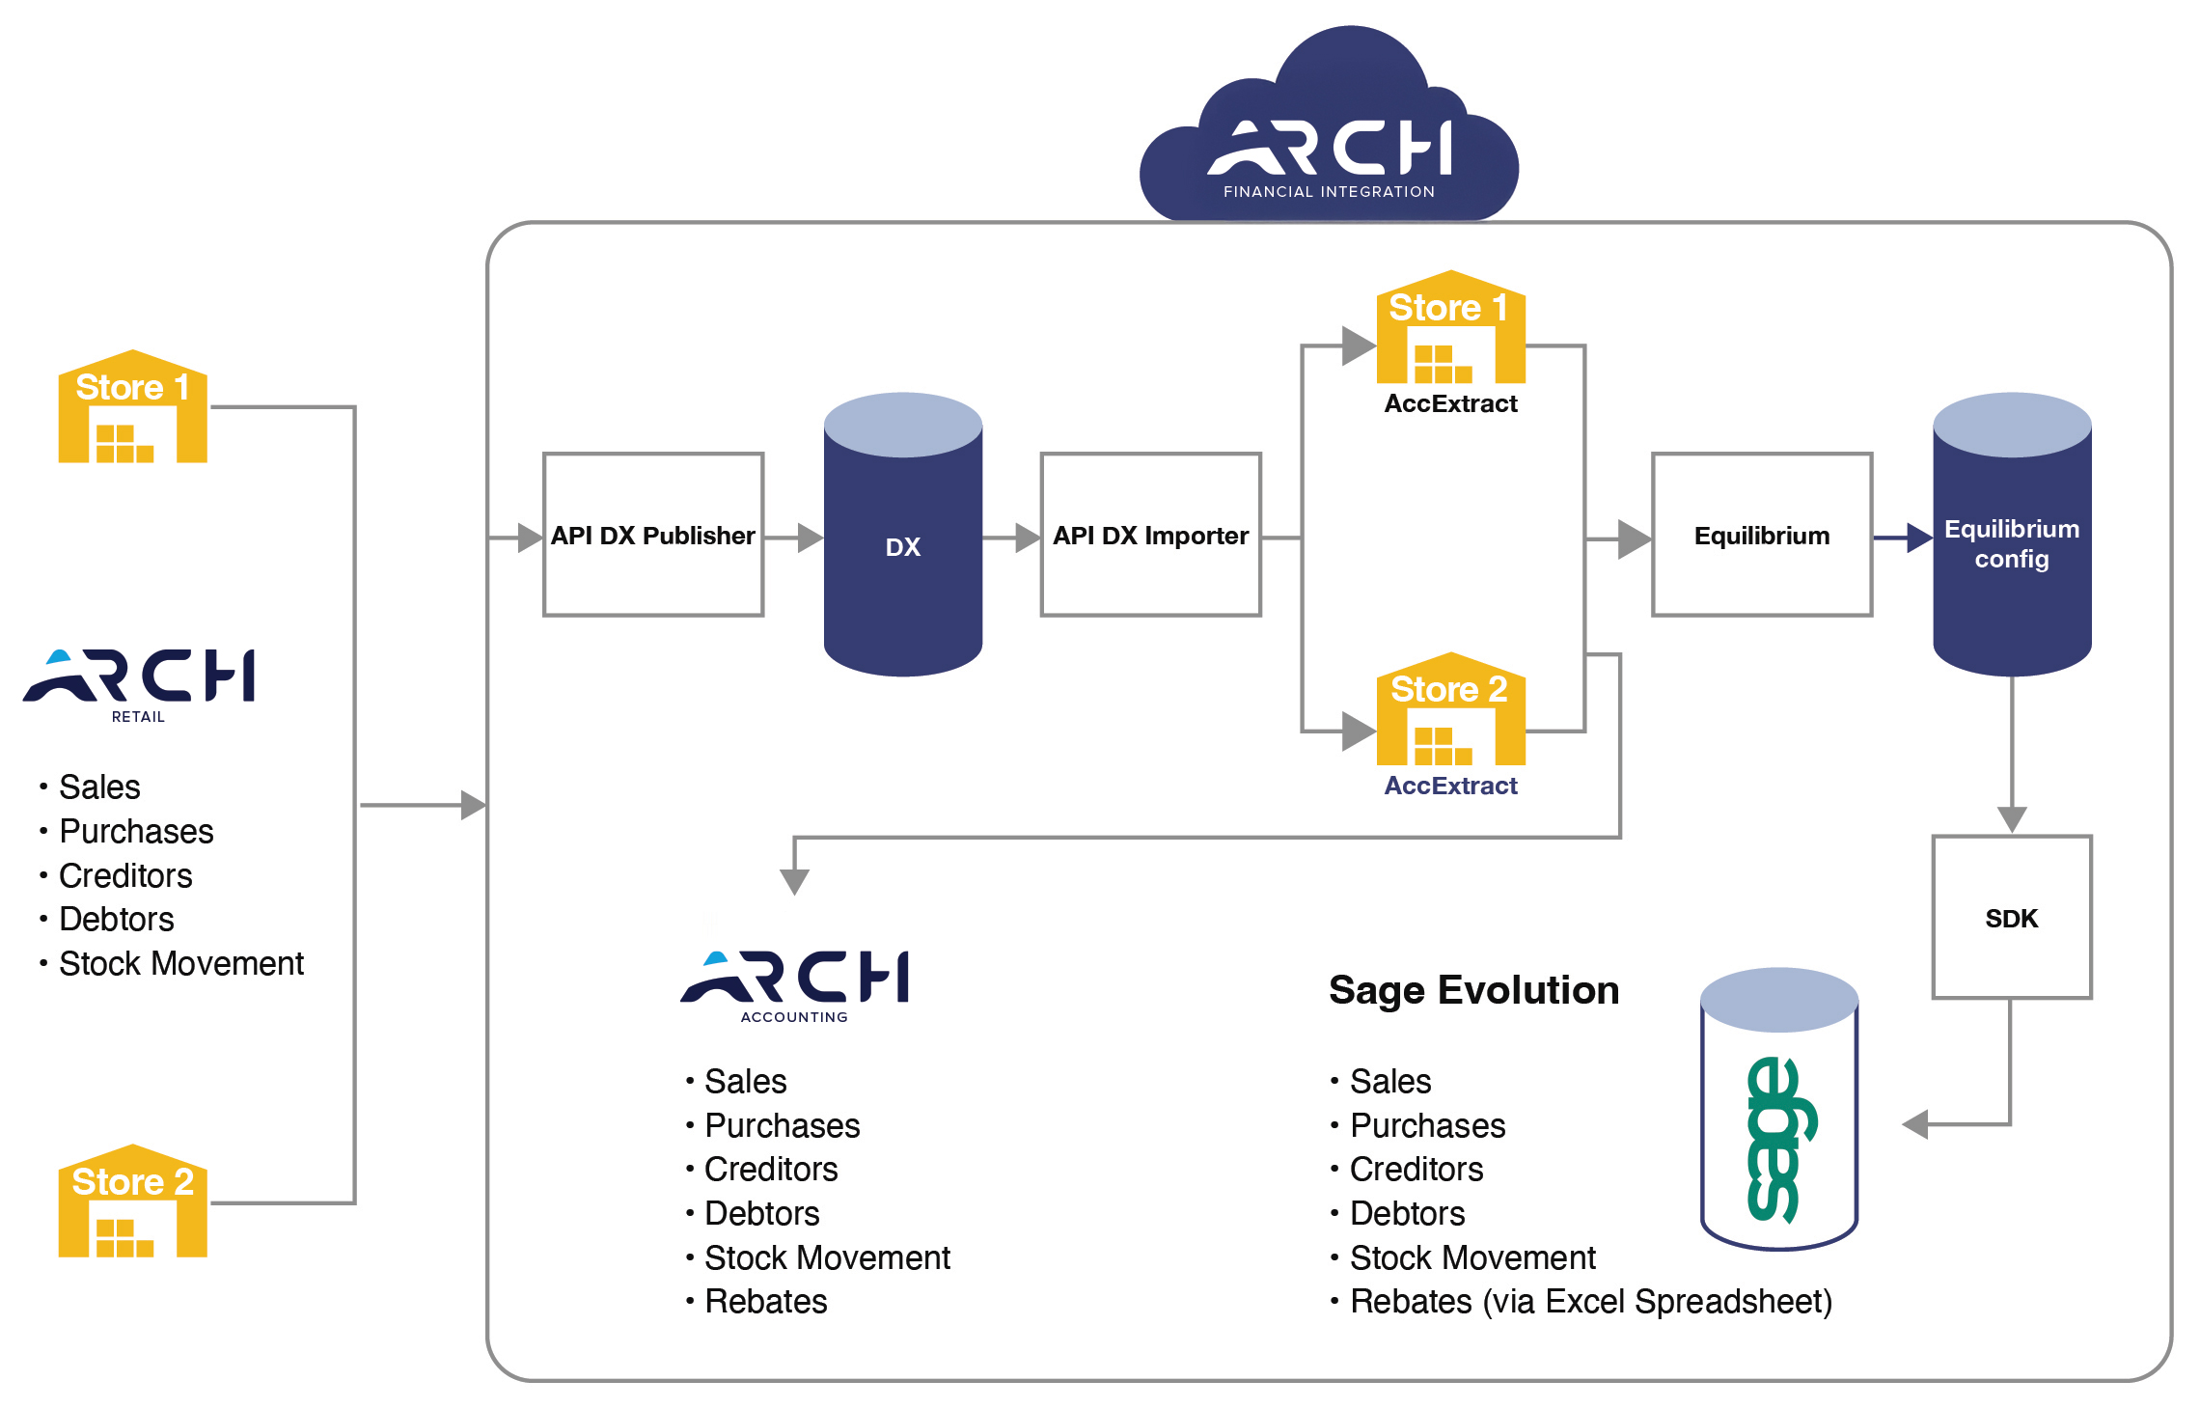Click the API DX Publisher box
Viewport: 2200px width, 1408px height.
[653, 535]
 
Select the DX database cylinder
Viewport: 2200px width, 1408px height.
[902, 546]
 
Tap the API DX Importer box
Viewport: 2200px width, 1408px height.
[1150, 535]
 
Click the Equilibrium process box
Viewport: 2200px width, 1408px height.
[1762, 535]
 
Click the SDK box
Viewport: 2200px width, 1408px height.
[2012, 918]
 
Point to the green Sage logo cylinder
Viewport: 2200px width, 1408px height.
[1779, 1119]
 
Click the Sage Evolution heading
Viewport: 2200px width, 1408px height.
[1473, 990]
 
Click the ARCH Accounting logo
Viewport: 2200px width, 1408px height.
[794, 984]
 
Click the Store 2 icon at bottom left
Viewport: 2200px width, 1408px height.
[133, 1202]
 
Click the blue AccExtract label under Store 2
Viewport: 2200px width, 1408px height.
[1450, 786]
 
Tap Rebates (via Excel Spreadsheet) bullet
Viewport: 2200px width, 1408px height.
[1590, 1302]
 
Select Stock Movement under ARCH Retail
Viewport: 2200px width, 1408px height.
[180, 963]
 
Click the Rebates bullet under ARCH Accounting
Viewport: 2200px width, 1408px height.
[765, 1302]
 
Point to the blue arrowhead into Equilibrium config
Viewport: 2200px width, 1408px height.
[1919, 538]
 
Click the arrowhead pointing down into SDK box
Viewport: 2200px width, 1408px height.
[2012, 819]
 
